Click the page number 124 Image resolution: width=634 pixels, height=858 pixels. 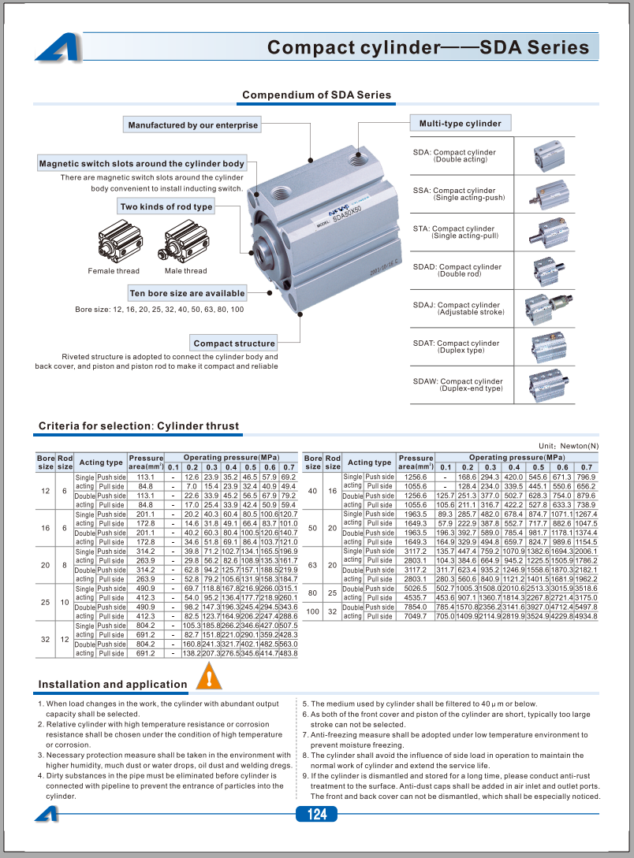(316, 814)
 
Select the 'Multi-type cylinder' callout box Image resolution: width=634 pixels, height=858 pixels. (460, 123)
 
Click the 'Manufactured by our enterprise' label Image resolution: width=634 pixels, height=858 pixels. (193, 124)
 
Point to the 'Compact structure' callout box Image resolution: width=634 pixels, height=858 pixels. (234, 343)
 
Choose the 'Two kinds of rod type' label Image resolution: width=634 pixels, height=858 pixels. (166, 206)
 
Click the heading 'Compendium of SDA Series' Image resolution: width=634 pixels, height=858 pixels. (316, 95)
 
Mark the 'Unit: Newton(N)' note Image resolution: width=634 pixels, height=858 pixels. (569, 446)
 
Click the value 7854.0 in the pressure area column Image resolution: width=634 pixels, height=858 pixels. (416, 607)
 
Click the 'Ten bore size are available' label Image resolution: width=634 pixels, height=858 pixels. (187, 293)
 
